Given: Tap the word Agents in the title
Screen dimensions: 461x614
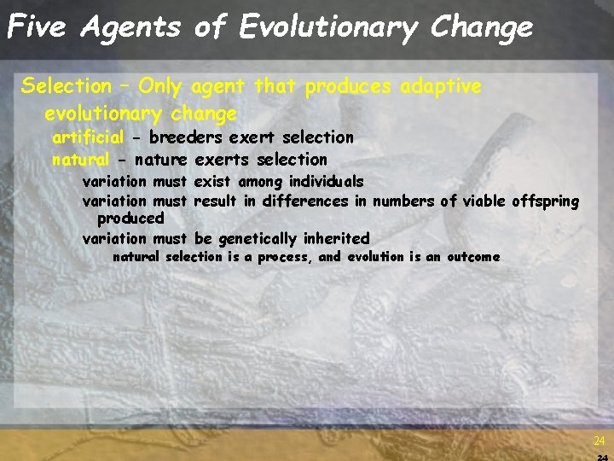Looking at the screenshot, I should (x=130, y=27).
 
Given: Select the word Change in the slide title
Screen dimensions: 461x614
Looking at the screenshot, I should (x=481, y=27).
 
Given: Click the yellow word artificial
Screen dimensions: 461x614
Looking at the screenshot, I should (x=88, y=137).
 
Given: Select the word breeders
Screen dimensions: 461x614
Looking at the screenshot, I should (x=186, y=137).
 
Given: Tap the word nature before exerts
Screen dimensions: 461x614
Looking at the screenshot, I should (x=162, y=160).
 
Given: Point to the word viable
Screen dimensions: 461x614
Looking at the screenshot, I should (x=485, y=201).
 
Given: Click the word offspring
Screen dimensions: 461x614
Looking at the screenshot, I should (x=546, y=202).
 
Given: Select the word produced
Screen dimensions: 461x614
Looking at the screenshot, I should (x=130, y=219).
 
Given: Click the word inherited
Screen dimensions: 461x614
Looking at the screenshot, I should (x=337, y=239).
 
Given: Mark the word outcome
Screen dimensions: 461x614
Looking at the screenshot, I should (x=472, y=257).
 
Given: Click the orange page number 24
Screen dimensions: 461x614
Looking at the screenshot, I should (x=600, y=441).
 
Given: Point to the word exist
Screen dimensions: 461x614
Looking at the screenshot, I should (x=214, y=181).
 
